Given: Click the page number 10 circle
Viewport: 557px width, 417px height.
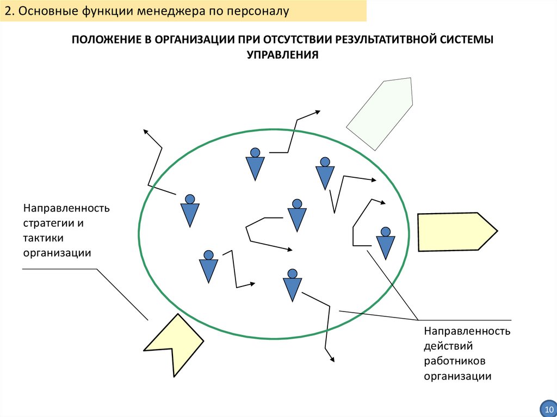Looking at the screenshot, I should pyautogui.click(x=546, y=408).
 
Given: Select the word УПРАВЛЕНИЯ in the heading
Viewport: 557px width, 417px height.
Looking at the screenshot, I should pyautogui.click(x=282, y=54).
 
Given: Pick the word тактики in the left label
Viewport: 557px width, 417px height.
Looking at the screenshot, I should pyautogui.click(x=43, y=238).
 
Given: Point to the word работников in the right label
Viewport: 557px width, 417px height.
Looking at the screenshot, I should pyautogui.click(x=455, y=360).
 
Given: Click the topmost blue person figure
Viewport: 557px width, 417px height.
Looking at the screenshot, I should pyautogui.click(x=255, y=164).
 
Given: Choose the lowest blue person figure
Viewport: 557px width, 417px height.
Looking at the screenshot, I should pyautogui.click(x=292, y=285).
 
